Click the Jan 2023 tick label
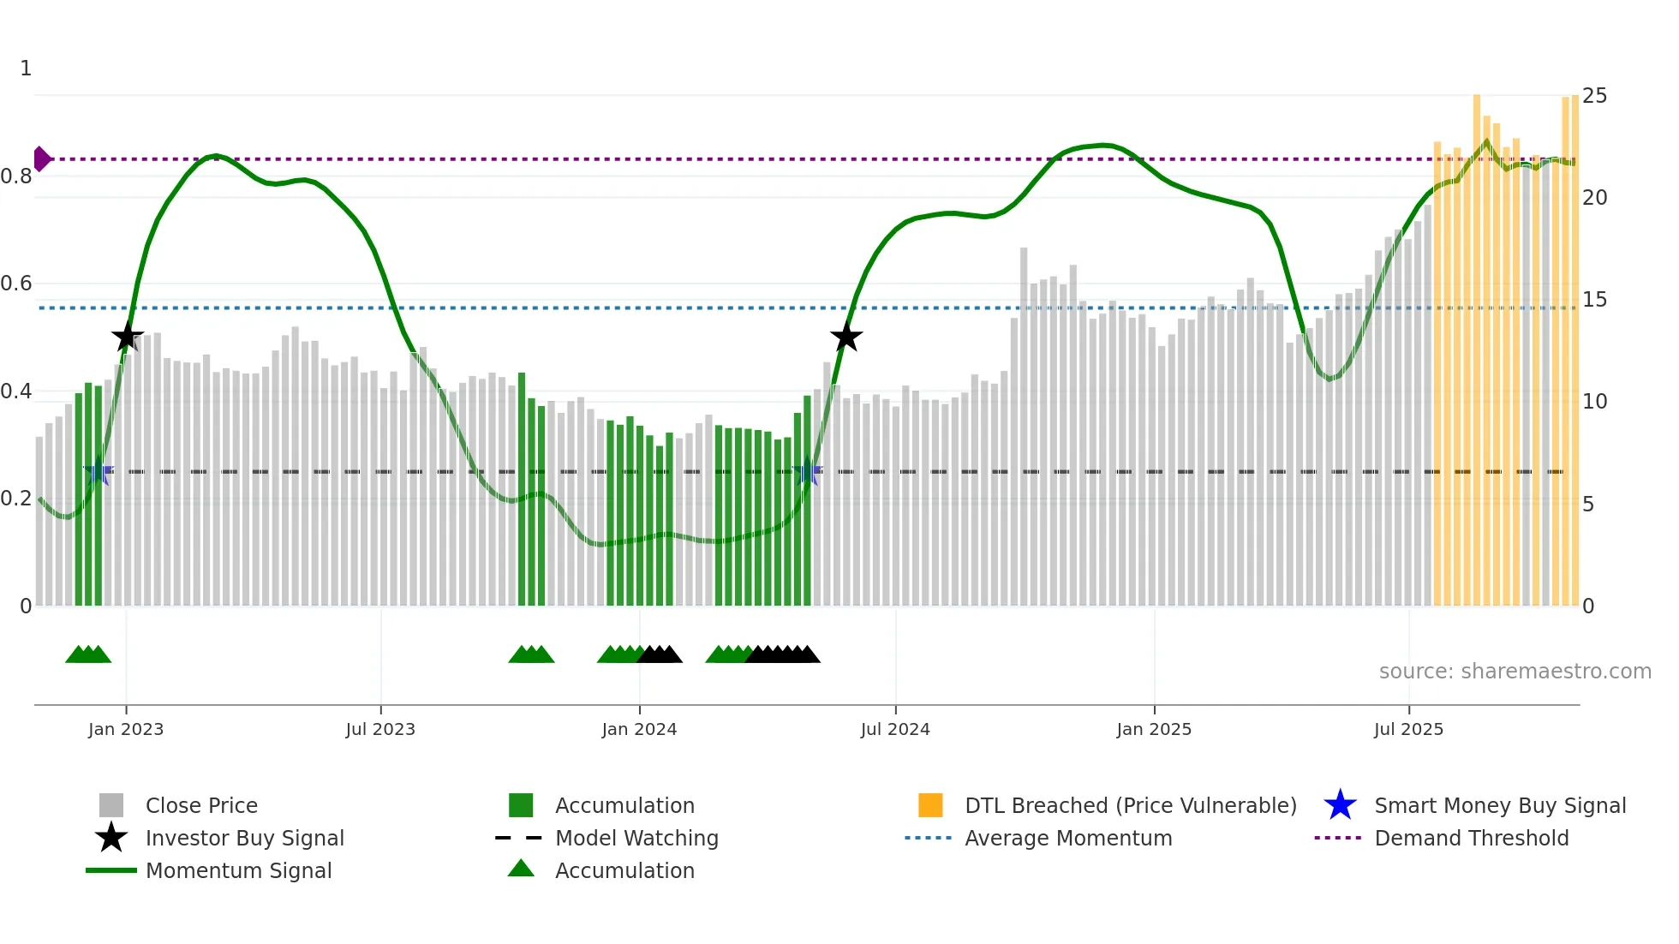click(125, 729)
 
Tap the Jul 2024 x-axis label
click(895, 729)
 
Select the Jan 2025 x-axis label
click(1154, 729)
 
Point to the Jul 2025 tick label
click(1408, 729)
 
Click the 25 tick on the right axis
click(1594, 96)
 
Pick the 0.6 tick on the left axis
click(16, 284)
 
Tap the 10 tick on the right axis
click(1594, 402)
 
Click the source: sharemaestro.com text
click(1515, 672)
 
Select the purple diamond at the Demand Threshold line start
click(41, 159)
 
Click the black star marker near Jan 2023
click(128, 337)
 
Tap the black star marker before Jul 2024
click(846, 337)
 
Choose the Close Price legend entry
click(201, 806)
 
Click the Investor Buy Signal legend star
click(111, 838)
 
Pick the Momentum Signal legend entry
click(238, 871)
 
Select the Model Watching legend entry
click(636, 839)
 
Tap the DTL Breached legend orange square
click(930, 805)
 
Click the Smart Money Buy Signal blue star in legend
click(1340, 805)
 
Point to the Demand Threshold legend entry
click(1471, 839)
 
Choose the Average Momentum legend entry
click(1068, 839)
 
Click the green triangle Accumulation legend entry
click(521, 869)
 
